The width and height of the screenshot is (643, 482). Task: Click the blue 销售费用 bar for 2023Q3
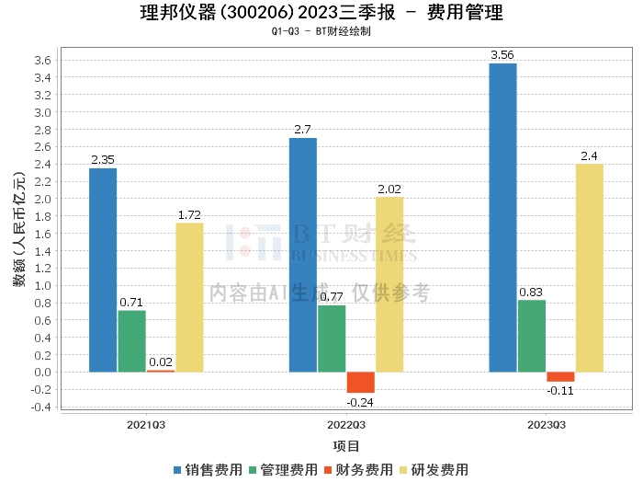502,217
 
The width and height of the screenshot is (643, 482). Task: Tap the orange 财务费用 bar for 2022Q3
360,382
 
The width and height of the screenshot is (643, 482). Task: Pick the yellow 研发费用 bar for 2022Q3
389,284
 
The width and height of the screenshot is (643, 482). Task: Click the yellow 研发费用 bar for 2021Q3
189,297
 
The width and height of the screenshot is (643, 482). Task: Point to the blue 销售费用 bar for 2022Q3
303,255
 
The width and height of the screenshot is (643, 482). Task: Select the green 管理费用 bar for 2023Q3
531,336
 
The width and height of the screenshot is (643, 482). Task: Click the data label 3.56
502,55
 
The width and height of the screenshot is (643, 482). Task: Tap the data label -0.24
360,402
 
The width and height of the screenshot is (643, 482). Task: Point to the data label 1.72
189,215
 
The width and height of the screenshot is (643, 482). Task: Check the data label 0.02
161,362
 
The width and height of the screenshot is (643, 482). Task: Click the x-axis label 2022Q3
345,425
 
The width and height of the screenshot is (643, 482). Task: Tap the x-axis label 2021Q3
146,425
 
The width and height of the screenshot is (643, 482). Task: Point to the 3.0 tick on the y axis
41,112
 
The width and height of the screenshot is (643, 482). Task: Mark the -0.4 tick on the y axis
39,407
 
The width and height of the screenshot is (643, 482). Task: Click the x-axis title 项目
345,445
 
